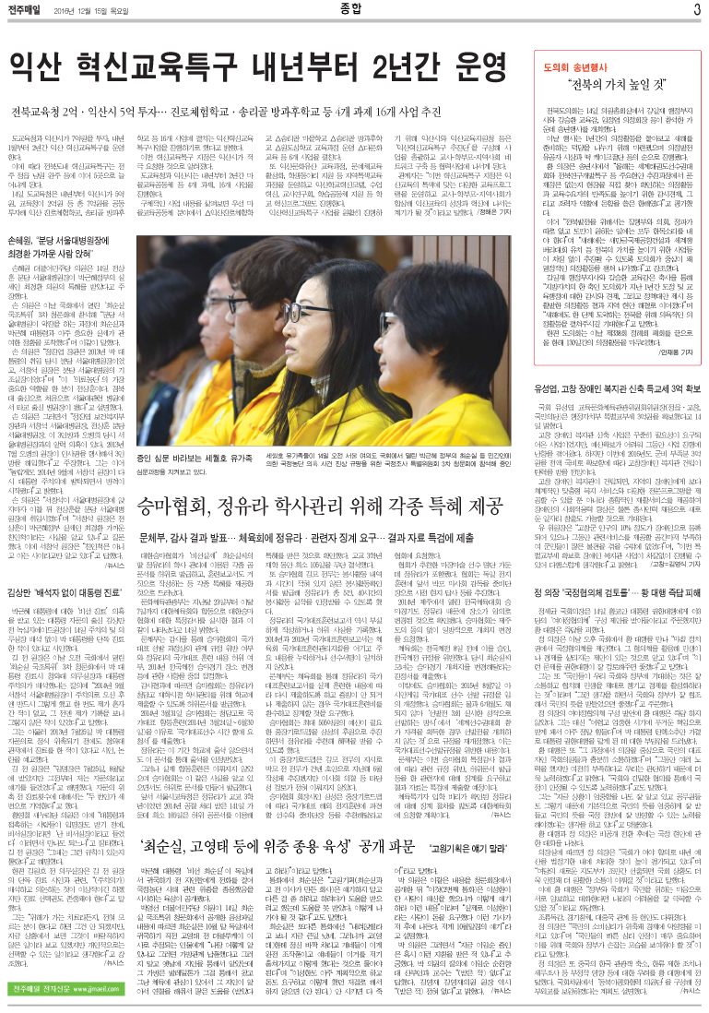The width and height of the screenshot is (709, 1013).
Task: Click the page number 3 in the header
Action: pos(697,10)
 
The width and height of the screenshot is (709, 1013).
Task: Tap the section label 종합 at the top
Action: pos(353,10)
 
